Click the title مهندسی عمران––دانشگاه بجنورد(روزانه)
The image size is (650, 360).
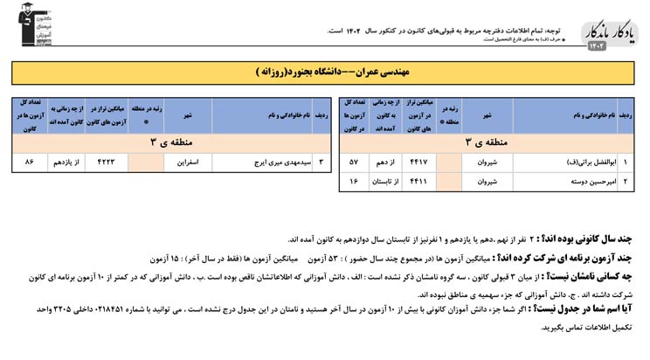pos(325,69)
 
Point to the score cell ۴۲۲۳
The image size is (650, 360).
pos(106,163)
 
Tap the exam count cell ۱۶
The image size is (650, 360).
pos(354,182)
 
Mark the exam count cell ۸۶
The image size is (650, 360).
pos(30,163)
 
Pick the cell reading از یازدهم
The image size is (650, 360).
pos(67,163)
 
